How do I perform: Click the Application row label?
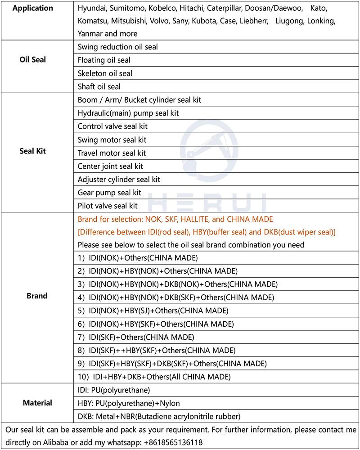tap(32, 8)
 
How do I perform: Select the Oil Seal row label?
tap(32, 59)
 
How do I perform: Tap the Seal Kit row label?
tap(32, 151)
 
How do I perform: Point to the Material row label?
tap(37, 403)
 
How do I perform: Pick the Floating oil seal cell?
tap(104, 60)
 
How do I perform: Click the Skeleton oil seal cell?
tap(105, 73)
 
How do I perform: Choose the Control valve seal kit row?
tap(112, 126)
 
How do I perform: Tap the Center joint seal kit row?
tap(110, 166)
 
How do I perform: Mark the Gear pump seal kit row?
tap(109, 193)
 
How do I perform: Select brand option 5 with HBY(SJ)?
tap(153, 310)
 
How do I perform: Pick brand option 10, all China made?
tap(154, 377)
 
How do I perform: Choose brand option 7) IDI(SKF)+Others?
tap(136, 337)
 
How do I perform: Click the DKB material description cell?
tap(159, 416)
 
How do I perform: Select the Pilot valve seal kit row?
tap(108, 206)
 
